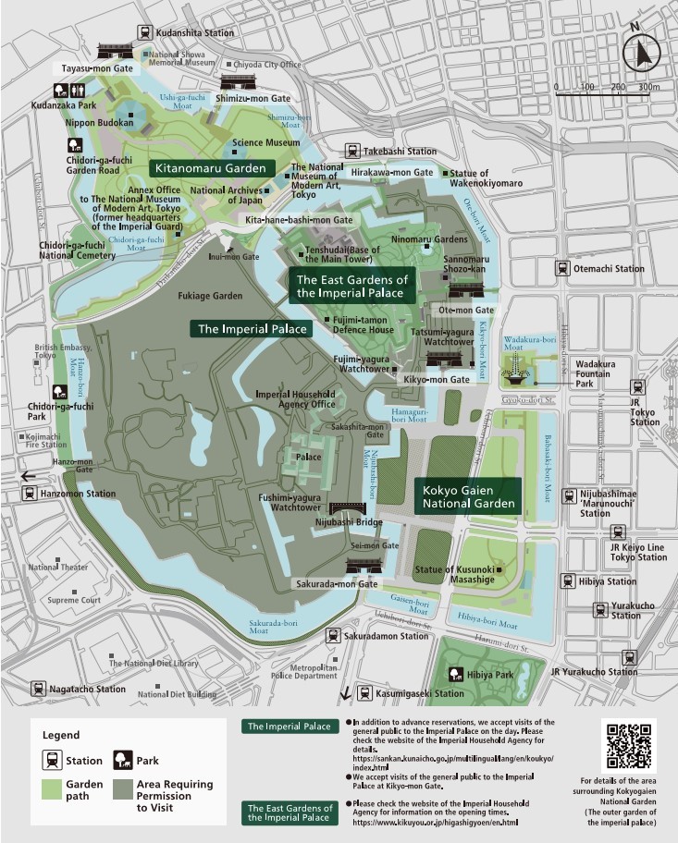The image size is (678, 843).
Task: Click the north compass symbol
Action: (641, 55)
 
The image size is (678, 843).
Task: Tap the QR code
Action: (628, 745)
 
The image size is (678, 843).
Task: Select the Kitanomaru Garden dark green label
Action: (213, 168)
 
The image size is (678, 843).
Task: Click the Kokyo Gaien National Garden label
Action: (468, 496)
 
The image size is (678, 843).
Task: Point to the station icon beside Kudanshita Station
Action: (144, 32)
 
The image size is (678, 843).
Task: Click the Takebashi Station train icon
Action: (351, 151)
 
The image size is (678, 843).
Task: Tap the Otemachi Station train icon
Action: (561, 269)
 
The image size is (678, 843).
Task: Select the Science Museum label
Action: (265, 143)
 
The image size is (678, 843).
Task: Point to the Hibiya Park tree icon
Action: (456, 675)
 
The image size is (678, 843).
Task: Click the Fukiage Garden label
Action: (212, 296)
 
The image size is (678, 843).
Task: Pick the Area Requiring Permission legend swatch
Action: (123, 790)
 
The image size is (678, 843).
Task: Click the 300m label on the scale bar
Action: (648, 87)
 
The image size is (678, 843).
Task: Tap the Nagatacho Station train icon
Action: (38, 689)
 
